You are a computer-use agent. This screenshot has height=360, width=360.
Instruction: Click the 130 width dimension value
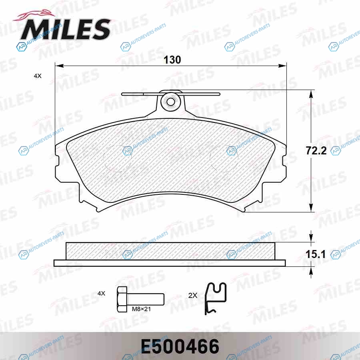172,60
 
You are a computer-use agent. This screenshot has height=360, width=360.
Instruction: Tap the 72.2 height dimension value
316,151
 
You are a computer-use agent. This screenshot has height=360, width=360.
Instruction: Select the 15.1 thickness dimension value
316,254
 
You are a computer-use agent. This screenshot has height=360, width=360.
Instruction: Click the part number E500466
180,346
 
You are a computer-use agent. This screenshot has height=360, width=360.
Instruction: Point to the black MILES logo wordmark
66,29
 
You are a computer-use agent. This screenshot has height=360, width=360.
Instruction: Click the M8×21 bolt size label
141,309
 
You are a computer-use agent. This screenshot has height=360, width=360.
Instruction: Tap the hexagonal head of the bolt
122,299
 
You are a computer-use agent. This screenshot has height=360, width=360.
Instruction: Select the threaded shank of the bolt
146,299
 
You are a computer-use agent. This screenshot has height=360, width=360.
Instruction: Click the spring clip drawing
215,298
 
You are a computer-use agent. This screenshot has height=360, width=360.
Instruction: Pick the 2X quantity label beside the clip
193,296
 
